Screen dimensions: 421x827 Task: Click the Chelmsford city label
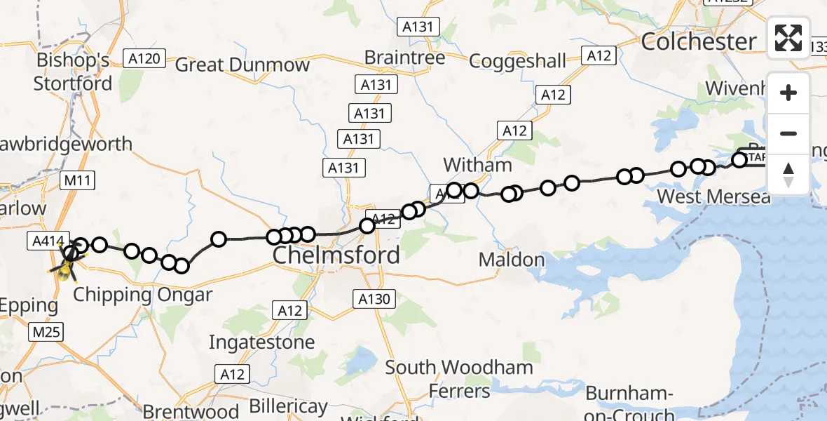[x=336, y=255]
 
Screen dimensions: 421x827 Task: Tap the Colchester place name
[x=699, y=41]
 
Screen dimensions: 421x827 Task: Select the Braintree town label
[x=404, y=58]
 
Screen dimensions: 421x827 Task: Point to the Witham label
[x=477, y=166]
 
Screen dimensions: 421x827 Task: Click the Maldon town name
[x=511, y=260]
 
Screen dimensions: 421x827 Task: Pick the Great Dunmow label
[x=242, y=65]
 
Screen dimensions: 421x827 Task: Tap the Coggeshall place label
[x=517, y=60]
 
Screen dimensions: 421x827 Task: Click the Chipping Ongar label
[x=142, y=295]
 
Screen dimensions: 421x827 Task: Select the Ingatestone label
[x=261, y=342]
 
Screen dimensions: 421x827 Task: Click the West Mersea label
[x=713, y=196]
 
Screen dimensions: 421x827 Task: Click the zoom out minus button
[x=788, y=133]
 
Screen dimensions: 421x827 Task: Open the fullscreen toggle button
[x=788, y=38]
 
